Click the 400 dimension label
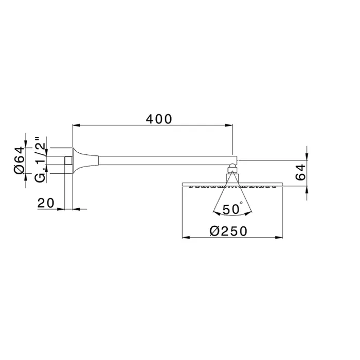(x=159, y=119)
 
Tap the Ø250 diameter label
(x=228, y=231)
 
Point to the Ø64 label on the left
(x=20, y=160)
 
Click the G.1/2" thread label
(x=40, y=160)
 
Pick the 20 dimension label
(x=46, y=203)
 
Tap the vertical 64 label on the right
(x=301, y=172)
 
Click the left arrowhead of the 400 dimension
(x=76, y=125)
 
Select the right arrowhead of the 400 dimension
(x=229, y=125)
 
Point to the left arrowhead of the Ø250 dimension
(x=186, y=238)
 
